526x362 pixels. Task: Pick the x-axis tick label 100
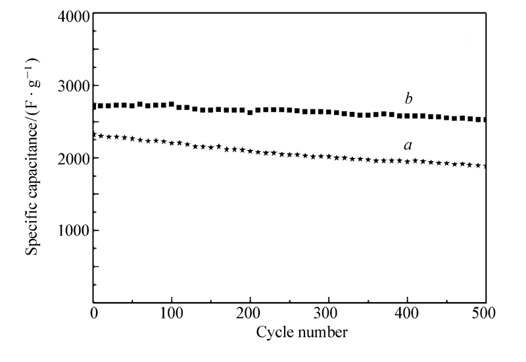[172, 312]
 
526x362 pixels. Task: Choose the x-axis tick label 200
[250, 312]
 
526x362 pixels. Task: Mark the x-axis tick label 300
[328, 312]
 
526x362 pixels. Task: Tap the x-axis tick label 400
[407, 312]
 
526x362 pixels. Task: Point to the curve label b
[408, 99]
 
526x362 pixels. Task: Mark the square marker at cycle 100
[172, 104]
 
